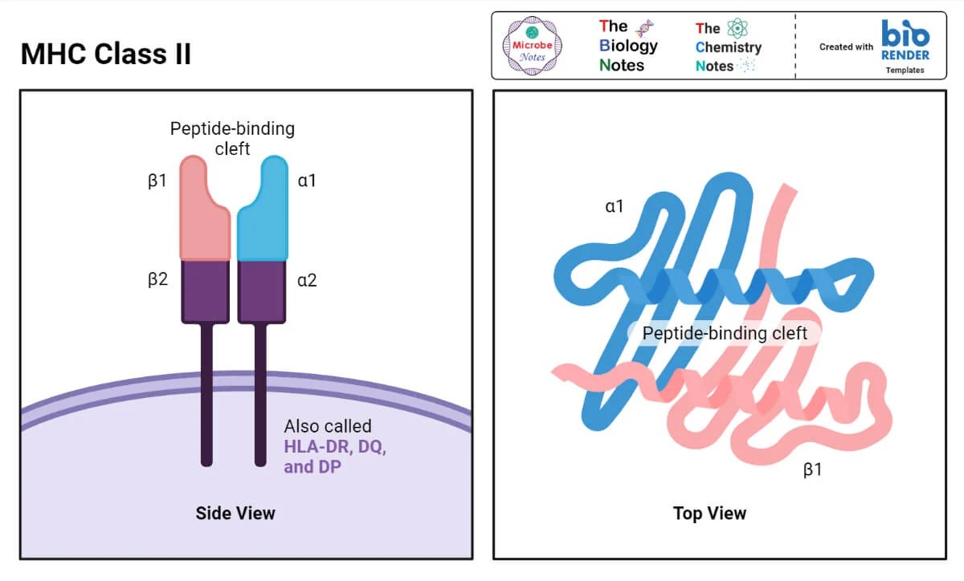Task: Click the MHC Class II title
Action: (106, 55)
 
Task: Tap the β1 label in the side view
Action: (157, 181)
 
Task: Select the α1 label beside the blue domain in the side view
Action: (307, 181)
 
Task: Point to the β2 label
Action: (157, 280)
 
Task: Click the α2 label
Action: (307, 280)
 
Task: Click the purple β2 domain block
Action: (206, 290)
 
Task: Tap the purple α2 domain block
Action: (261, 290)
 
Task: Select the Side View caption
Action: (235, 513)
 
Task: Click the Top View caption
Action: (709, 513)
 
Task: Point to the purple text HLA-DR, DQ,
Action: (335, 447)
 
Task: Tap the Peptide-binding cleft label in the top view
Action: (724, 333)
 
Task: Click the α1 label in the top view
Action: (614, 206)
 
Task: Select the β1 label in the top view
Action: (813, 469)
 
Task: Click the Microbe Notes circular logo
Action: (532, 46)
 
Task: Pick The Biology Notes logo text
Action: (628, 46)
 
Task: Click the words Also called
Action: (328, 426)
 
